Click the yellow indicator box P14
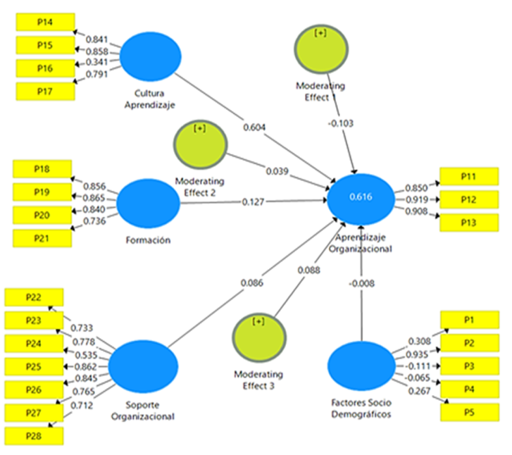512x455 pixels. [x=44, y=23]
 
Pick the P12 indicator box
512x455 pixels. [x=468, y=200]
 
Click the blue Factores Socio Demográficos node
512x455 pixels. [x=361, y=367]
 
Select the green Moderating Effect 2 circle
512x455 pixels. [x=200, y=144]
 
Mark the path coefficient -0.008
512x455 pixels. [x=360, y=284]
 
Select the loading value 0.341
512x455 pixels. [x=96, y=63]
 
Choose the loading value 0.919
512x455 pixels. [x=417, y=200]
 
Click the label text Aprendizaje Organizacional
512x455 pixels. [x=361, y=243]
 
